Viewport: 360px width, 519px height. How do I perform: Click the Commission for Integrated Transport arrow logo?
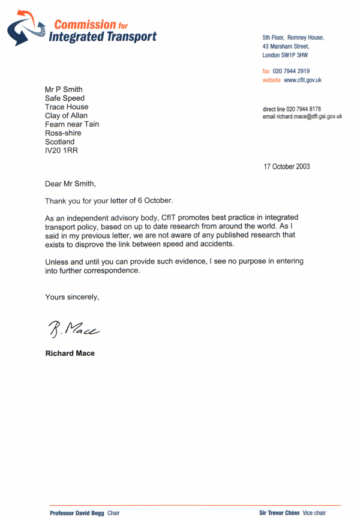[28, 28]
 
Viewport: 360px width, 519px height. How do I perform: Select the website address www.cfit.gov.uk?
[303, 80]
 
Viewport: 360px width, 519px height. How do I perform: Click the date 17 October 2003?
[287, 167]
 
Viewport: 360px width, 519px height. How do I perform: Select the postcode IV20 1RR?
[61, 151]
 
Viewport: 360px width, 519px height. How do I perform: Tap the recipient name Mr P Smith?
[64, 89]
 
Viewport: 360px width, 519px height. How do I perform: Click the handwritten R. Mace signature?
[73, 328]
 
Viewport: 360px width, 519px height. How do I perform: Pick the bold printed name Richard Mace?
[70, 353]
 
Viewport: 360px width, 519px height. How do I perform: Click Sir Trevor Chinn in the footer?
[280, 513]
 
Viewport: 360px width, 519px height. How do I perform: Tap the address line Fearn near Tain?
[72, 124]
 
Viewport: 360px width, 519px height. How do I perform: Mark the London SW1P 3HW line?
[286, 55]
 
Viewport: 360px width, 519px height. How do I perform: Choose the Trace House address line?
[67, 107]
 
